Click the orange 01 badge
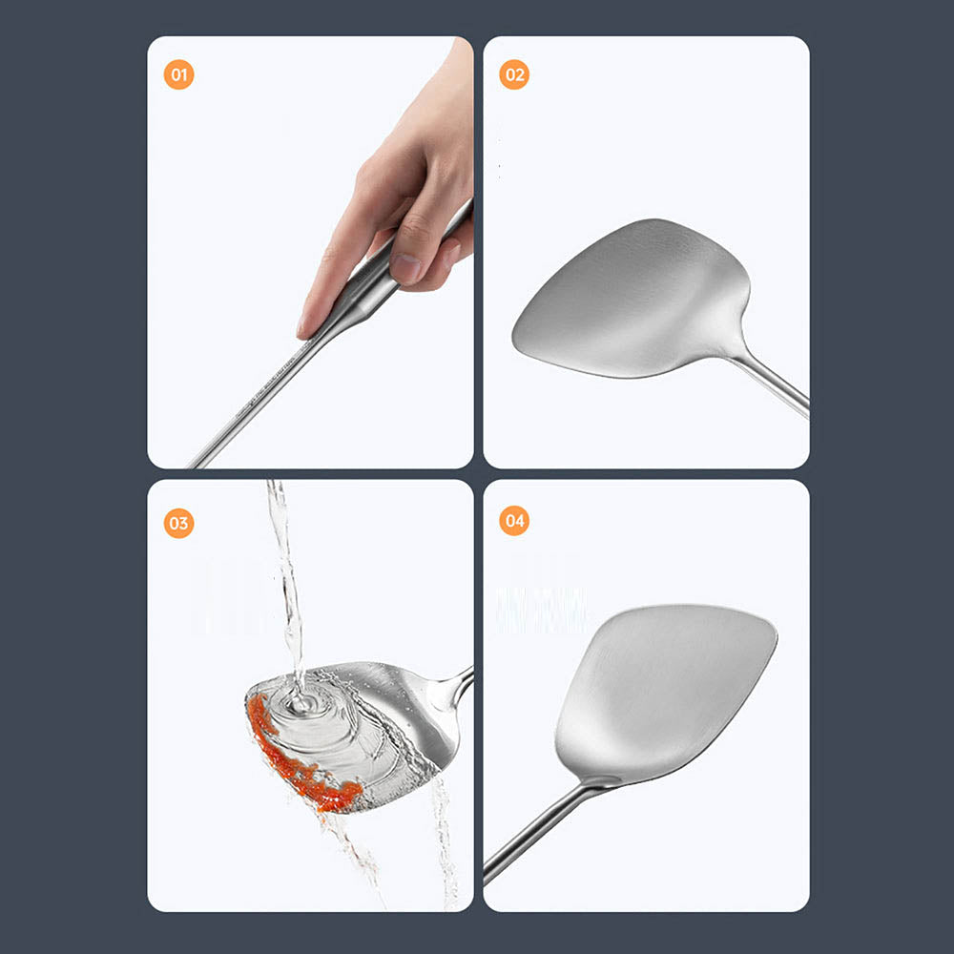(x=178, y=74)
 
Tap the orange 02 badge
(x=514, y=74)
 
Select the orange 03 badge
(x=178, y=523)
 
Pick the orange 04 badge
(x=514, y=521)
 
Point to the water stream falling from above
(x=284, y=572)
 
